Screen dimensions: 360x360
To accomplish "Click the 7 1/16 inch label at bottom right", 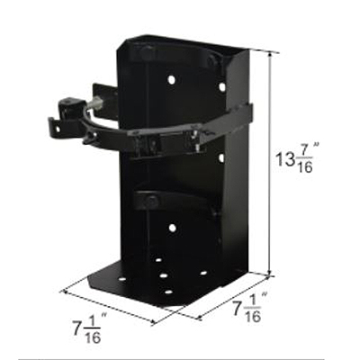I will pos(246,310).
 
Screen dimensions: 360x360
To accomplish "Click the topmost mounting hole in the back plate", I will pos(171,80).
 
